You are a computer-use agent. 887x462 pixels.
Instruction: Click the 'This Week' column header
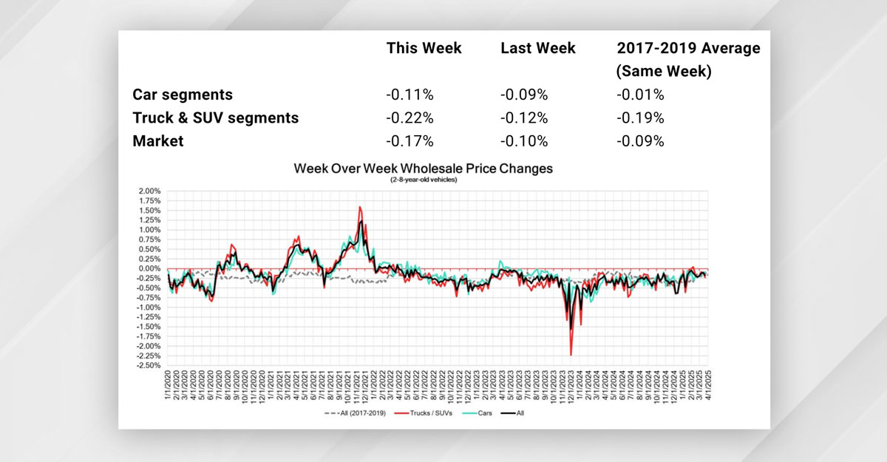pos(424,49)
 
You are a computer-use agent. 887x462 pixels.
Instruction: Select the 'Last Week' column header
pos(537,49)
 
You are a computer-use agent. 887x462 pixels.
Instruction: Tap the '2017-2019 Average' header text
pos(688,49)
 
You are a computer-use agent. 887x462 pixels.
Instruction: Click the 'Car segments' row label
pos(183,95)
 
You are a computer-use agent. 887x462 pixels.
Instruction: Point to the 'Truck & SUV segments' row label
pos(216,118)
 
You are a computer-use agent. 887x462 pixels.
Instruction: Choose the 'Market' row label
pos(158,140)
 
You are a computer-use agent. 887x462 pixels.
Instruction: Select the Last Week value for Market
pos(524,140)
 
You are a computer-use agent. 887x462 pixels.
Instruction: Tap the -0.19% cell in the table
pos(640,118)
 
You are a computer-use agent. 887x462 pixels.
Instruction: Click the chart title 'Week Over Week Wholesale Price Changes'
pos(423,169)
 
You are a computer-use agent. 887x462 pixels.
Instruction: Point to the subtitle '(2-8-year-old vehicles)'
pos(423,180)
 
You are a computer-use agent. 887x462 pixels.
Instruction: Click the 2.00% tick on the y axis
pos(150,191)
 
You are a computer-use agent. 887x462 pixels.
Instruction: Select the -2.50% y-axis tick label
pos(149,365)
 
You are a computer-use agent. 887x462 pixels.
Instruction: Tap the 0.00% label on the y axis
pos(150,268)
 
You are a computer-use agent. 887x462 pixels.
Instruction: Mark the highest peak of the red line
pos(359,206)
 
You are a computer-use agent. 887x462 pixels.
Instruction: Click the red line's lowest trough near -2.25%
pos(571,356)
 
